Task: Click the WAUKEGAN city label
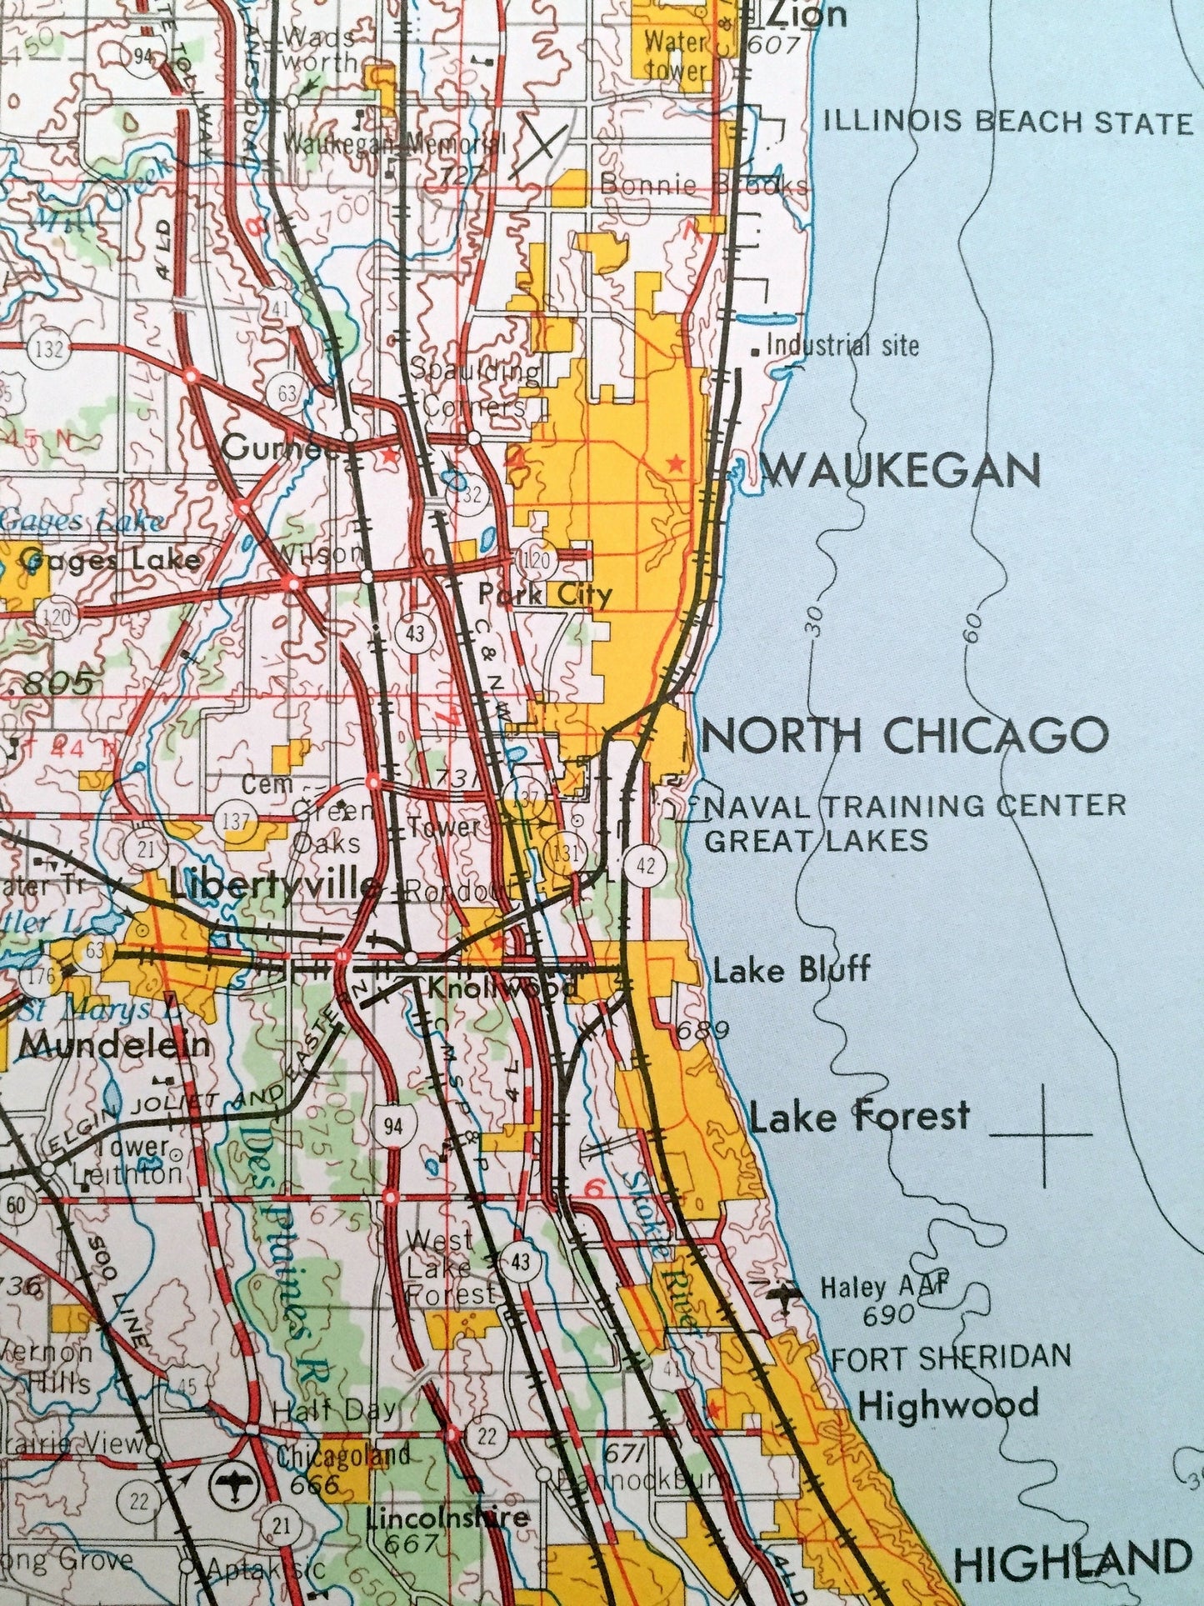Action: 902,471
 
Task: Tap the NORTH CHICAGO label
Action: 907,735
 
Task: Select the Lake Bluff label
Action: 792,969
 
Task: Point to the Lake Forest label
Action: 860,1116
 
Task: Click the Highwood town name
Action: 948,1404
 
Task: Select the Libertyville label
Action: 273,885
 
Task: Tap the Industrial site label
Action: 841,345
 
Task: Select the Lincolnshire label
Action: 447,1516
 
